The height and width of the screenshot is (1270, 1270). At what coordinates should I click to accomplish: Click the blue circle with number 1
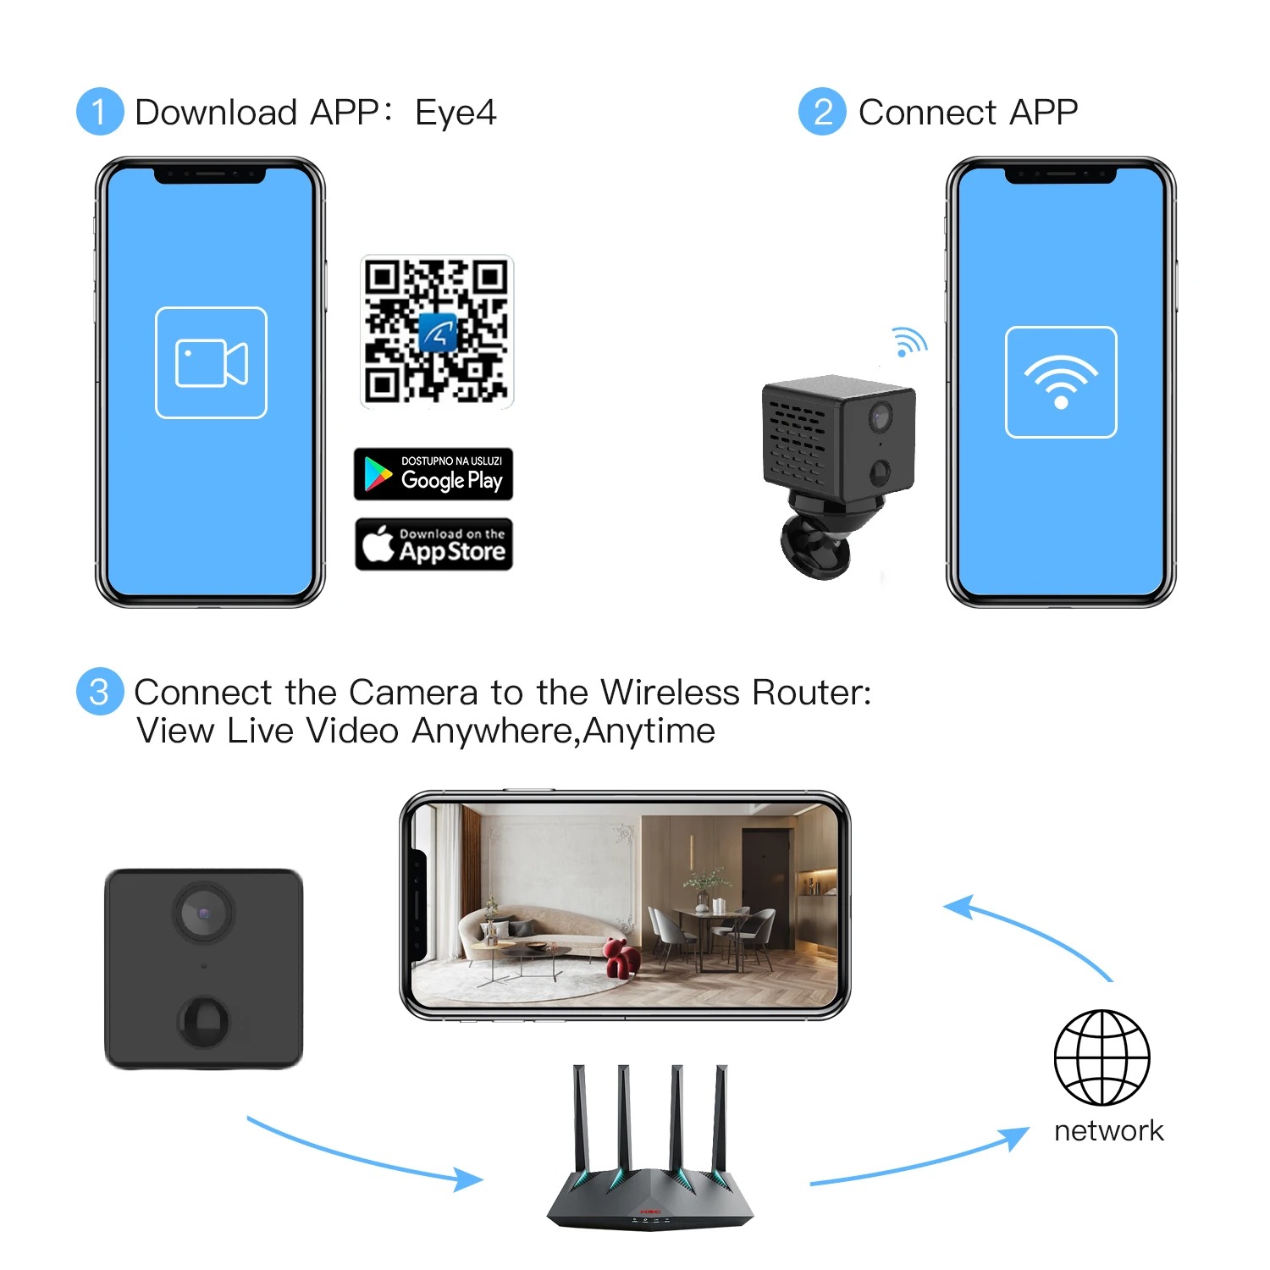point(100,112)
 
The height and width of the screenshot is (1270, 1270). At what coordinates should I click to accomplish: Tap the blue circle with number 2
point(822,112)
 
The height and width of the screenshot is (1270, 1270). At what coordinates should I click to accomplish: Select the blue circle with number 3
point(100,693)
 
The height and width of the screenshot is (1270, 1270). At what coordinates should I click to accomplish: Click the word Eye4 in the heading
point(456,113)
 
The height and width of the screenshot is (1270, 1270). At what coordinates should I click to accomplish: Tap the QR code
point(437,332)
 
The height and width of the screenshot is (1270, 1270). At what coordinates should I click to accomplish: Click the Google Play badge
point(433,474)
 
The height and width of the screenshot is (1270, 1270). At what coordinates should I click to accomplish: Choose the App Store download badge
point(433,544)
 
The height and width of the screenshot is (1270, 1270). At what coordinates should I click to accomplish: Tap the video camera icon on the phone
point(211,362)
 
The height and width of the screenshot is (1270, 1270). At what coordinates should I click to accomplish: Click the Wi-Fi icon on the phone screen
point(1061,382)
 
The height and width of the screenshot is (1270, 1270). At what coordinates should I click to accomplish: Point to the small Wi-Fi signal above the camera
point(909,342)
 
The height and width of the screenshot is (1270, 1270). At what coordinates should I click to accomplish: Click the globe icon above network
point(1102,1057)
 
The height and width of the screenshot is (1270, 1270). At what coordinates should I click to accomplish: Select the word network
point(1108,1131)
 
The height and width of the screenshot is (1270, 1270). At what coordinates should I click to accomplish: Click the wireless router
point(649,1160)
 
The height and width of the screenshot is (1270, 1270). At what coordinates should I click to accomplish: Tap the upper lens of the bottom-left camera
point(204,913)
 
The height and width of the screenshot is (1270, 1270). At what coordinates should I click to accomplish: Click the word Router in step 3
point(811,693)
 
